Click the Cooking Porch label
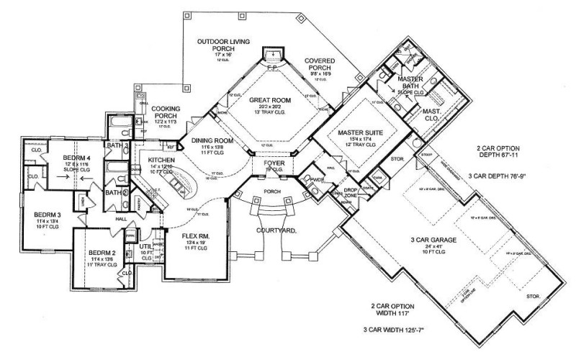click(150, 112)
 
